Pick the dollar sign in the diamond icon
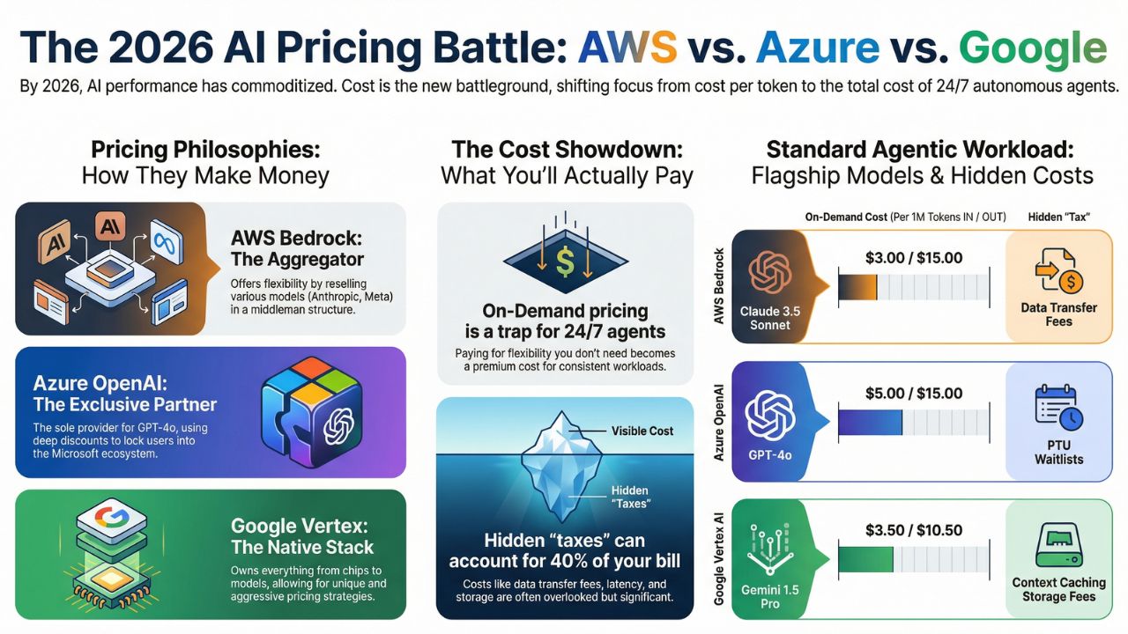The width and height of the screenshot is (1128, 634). [x=564, y=259]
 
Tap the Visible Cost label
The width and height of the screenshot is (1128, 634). [x=642, y=431]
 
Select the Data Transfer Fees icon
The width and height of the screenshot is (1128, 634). [x=1058, y=273]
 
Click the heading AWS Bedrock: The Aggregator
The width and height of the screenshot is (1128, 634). [x=298, y=248]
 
